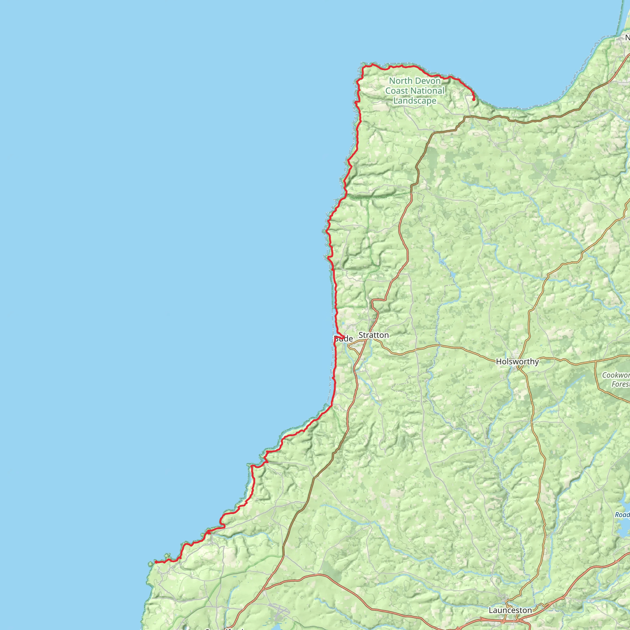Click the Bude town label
point(344,338)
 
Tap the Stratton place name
point(373,335)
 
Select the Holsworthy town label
point(517,361)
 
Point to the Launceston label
point(510,610)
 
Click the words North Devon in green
point(415,81)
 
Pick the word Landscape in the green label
point(415,101)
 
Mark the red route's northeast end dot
point(473,99)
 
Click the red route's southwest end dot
point(156,562)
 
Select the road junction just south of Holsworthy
point(518,368)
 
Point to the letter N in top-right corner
point(627,38)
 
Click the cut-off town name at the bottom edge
point(225,628)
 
